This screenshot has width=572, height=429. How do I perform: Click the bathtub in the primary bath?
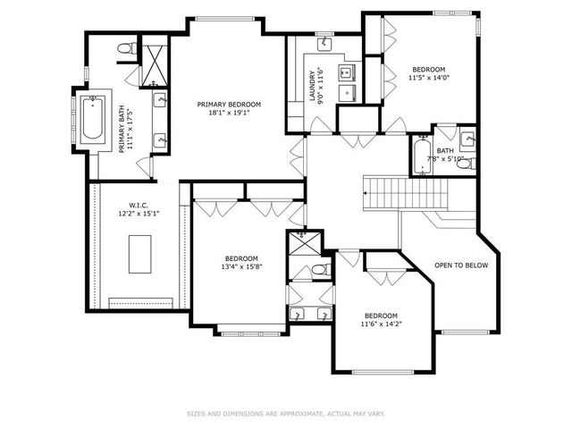pyautogui.click(x=93, y=120)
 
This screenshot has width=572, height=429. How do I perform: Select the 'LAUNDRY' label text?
pyautogui.click(x=313, y=87)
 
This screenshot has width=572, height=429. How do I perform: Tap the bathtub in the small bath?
pyautogui.click(x=422, y=155)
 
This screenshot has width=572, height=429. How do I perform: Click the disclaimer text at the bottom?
pyautogui.click(x=285, y=414)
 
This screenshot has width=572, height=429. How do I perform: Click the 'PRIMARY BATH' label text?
pyautogui.click(x=122, y=130)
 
